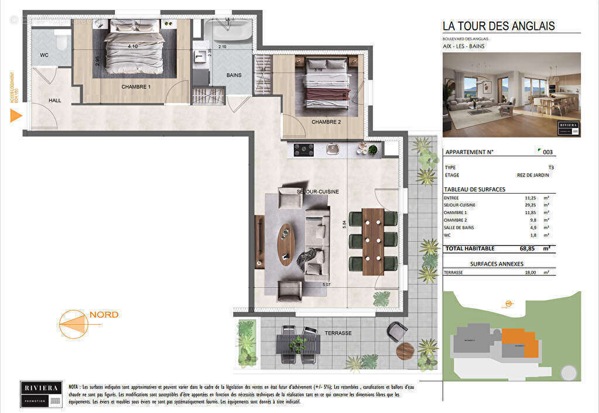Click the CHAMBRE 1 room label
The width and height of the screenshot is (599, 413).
click(136, 87)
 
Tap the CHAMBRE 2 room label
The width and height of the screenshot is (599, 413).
click(326, 122)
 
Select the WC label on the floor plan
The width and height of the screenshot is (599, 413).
click(44, 56)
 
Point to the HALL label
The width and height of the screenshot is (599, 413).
click(54, 101)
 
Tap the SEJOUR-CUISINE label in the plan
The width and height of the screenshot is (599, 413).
click(317, 191)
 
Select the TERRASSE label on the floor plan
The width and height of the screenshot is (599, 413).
click(338, 333)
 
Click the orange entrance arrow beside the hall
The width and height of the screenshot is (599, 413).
click(16, 115)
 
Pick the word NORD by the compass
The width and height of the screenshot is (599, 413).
click(104, 315)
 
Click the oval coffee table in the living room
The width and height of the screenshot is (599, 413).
click(286, 244)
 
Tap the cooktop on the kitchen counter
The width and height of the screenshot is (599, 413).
click(303, 150)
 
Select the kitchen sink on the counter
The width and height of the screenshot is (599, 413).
click(333, 149)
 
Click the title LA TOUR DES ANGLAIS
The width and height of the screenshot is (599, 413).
click(498, 26)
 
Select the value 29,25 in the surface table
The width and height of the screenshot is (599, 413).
click(530, 205)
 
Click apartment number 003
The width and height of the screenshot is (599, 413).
click(547, 152)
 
